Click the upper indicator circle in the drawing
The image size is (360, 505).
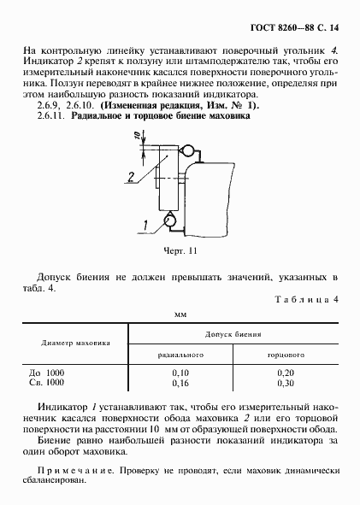pyautogui.click(x=184, y=150)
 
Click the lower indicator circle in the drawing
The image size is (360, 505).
pyautogui.click(x=169, y=221)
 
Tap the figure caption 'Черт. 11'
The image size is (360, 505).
pyautogui.click(x=180, y=251)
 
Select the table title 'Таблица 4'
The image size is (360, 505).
pyautogui.click(x=310, y=299)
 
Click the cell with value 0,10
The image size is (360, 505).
pyautogui.click(x=180, y=373)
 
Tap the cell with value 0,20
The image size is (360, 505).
pyautogui.click(x=287, y=373)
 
